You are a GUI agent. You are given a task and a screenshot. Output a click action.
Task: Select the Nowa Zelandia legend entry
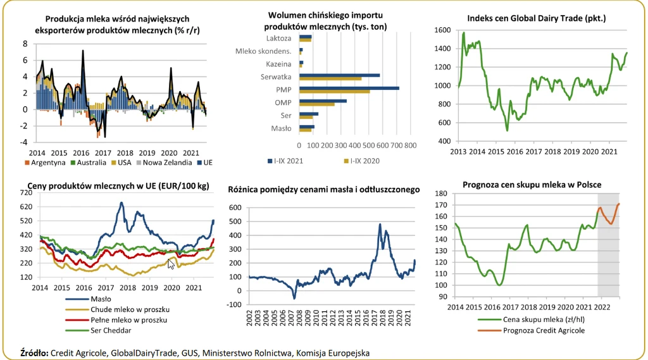click(x=167, y=163)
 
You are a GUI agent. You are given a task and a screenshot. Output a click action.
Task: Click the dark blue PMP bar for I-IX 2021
click(x=349, y=89)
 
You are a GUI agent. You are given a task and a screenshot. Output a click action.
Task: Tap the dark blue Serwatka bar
click(x=339, y=75)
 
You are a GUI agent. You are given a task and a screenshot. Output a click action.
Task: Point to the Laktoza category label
click(x=279, y=38)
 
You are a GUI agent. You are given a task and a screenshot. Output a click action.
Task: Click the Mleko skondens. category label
click(x=263, y=51)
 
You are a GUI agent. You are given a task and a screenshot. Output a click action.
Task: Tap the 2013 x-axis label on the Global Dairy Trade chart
click(x=459, y=152)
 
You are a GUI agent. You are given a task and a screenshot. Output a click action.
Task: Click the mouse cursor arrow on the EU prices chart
click(x=171, y=263)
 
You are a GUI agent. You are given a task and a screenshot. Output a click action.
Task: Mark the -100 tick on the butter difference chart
click(x=234, y=304)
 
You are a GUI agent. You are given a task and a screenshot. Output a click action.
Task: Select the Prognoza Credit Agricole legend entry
click(x=542, y=330)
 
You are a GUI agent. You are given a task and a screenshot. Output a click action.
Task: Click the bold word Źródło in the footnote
click(x=34, y=352)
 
